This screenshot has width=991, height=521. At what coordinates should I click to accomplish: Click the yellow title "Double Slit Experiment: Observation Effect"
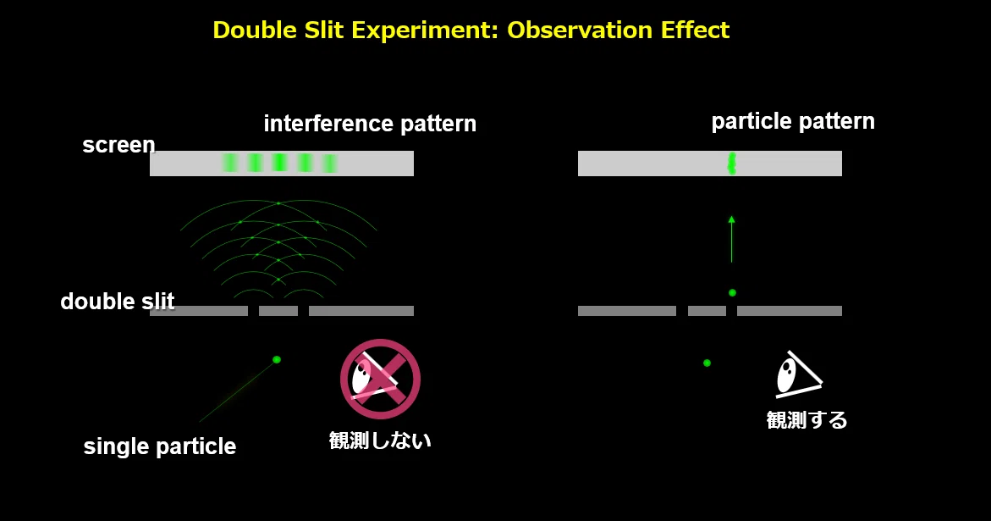pyautogui.click(x=471, y=30)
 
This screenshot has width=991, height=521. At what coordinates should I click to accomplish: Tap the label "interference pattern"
pyautogui.click(x=370, y=124)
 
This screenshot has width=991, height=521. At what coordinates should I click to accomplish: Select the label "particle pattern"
pyautogui.click(x=793, y=121)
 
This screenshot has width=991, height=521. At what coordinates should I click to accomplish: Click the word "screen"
pyautogui.click(x=118, y=145)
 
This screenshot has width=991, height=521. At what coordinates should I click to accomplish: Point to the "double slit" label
pyautogui.click(x=117, y=301)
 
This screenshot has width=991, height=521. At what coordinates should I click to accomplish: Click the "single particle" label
pyautogui.click(x=160, y=446)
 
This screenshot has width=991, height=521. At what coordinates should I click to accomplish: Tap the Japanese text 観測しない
pyautogui.click(x=380, y=440)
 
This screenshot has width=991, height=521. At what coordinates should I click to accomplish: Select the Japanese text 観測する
pyautogui.click(x=807, y=420)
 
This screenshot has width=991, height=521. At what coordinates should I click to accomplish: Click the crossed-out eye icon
pyautogui.click(x=380, y=379)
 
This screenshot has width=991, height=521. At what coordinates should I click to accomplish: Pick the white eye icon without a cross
pyautogui.click(x=798, y=375)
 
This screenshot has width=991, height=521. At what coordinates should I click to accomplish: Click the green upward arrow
pyautogui.click(x=731, y=239)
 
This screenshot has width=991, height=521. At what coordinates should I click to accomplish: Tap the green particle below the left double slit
pyautogui.click(x=276, y=360)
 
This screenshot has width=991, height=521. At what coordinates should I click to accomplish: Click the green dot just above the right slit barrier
pyautogui.click(x=732, y=293)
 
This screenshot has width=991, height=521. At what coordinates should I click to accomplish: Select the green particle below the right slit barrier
pyautogui.click(x=707, y=363)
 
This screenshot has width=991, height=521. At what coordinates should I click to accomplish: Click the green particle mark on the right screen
pyautogui.click(x=732, y=164)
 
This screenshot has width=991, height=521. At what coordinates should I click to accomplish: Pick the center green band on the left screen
pyautogui.click(x=279, y=163)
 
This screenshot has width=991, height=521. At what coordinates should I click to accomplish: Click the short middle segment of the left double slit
pyautogui.click(x=278, y=310)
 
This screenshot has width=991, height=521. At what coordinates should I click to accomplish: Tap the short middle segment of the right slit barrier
pyautogui.click(x=707, y=310)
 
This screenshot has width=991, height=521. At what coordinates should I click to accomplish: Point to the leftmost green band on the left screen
pyautogui.click(x=229, y=163)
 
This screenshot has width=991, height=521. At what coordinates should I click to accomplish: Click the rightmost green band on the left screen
pyautogui.click(x=329, y=164)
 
